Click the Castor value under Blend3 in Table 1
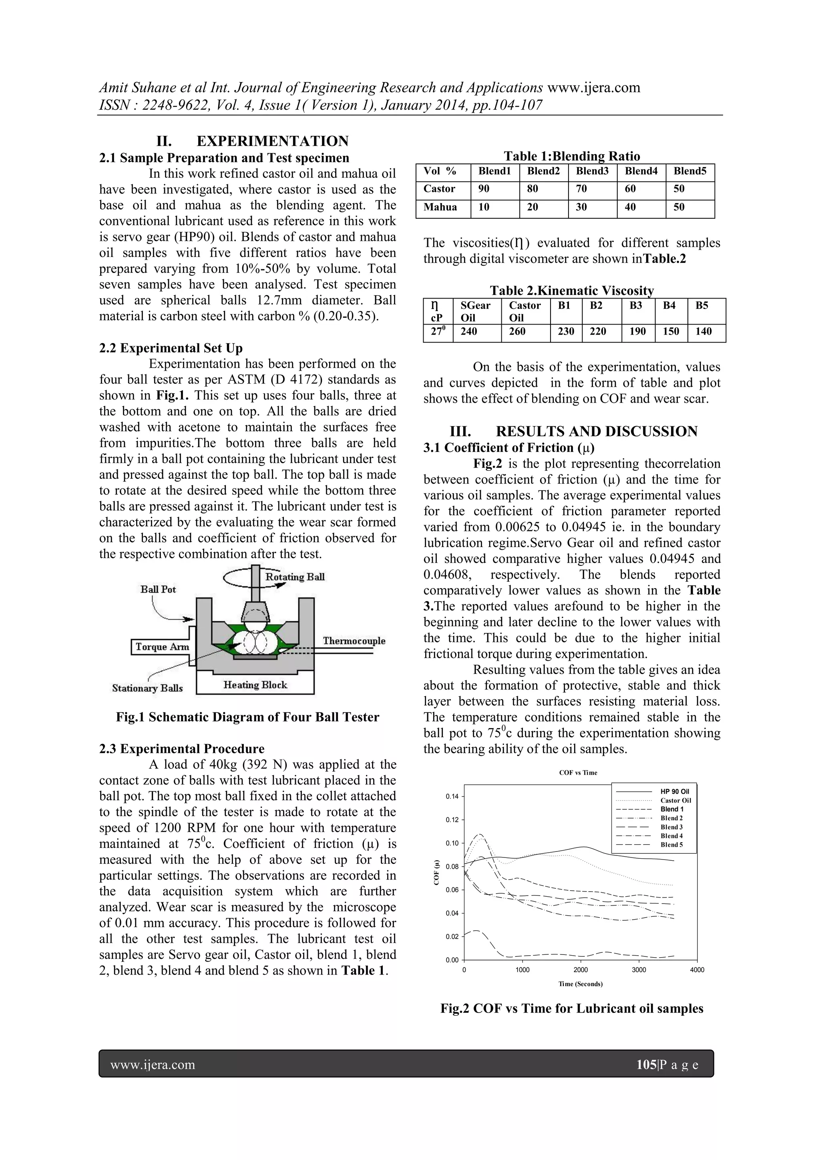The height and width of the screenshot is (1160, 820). (x=581, y=189)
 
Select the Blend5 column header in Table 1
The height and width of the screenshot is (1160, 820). (x=690, y=171)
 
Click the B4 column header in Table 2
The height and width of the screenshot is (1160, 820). (x=669, y=306)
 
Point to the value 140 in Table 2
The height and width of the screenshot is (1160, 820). (x=703, y=331)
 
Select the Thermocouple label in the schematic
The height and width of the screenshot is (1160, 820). (x=354, y=641)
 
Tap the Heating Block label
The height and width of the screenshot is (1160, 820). (x=255, y=685)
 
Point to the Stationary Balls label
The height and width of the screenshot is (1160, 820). (x=147, y=688)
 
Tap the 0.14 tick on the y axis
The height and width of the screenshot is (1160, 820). (x=452, y=797)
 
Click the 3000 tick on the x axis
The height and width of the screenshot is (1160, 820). (x=639, y=970)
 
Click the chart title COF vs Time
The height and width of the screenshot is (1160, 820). (x=578, y=773)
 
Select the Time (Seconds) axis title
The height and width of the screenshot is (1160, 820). (x=580, y=984)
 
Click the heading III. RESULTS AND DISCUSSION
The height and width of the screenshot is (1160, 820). (x=573, y=432)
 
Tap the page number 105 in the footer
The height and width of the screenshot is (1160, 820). (x=646, y=1065)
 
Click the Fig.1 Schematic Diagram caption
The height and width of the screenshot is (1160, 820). (x=247, y=717)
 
